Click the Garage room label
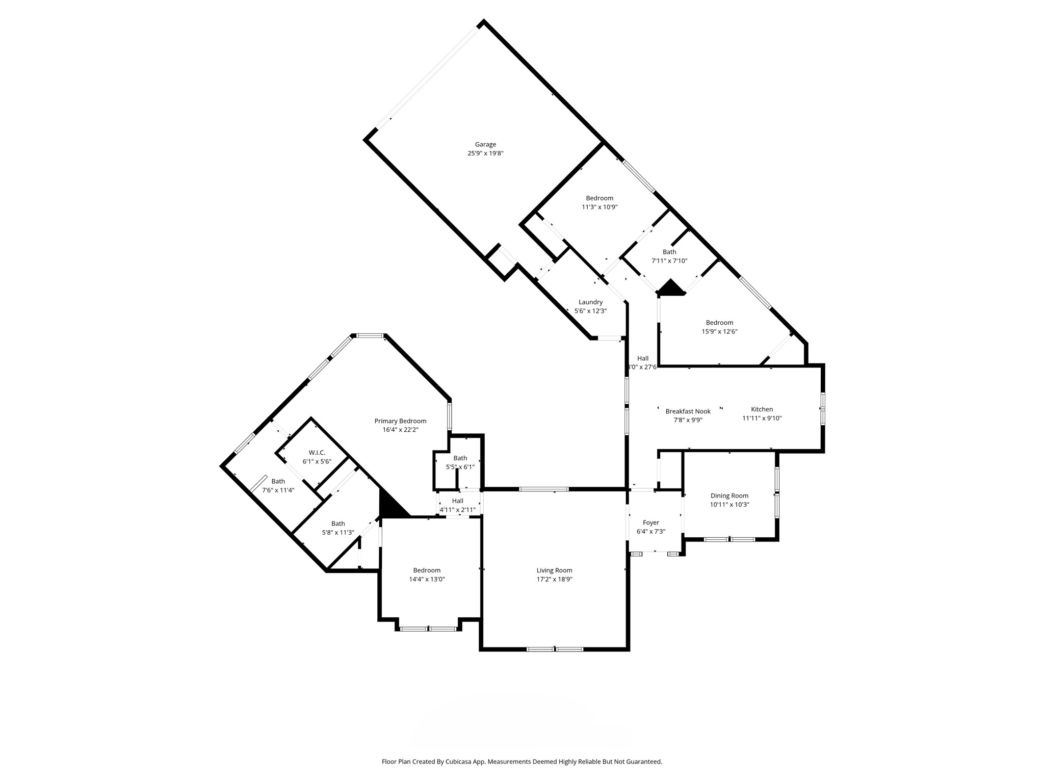pos(485,144)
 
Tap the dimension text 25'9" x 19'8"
pos(485,153)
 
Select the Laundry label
pos(590,302)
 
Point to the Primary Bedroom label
pos(400,421)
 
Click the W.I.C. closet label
pos(317,453)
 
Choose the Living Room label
pos(554,570)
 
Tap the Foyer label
pos(650,523)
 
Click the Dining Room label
pos(729,495)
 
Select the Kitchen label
pos(762,409)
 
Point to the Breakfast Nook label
pos(688,411)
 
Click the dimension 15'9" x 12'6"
pos(719,331)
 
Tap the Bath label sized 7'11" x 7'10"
pos(669,252)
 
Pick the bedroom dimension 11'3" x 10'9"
pos(599,207)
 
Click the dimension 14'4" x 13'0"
pos(427,579)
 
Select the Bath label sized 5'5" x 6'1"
pos(460,458)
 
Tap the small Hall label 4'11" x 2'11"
pos(457,501)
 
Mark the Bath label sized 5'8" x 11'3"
pos(338,524)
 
